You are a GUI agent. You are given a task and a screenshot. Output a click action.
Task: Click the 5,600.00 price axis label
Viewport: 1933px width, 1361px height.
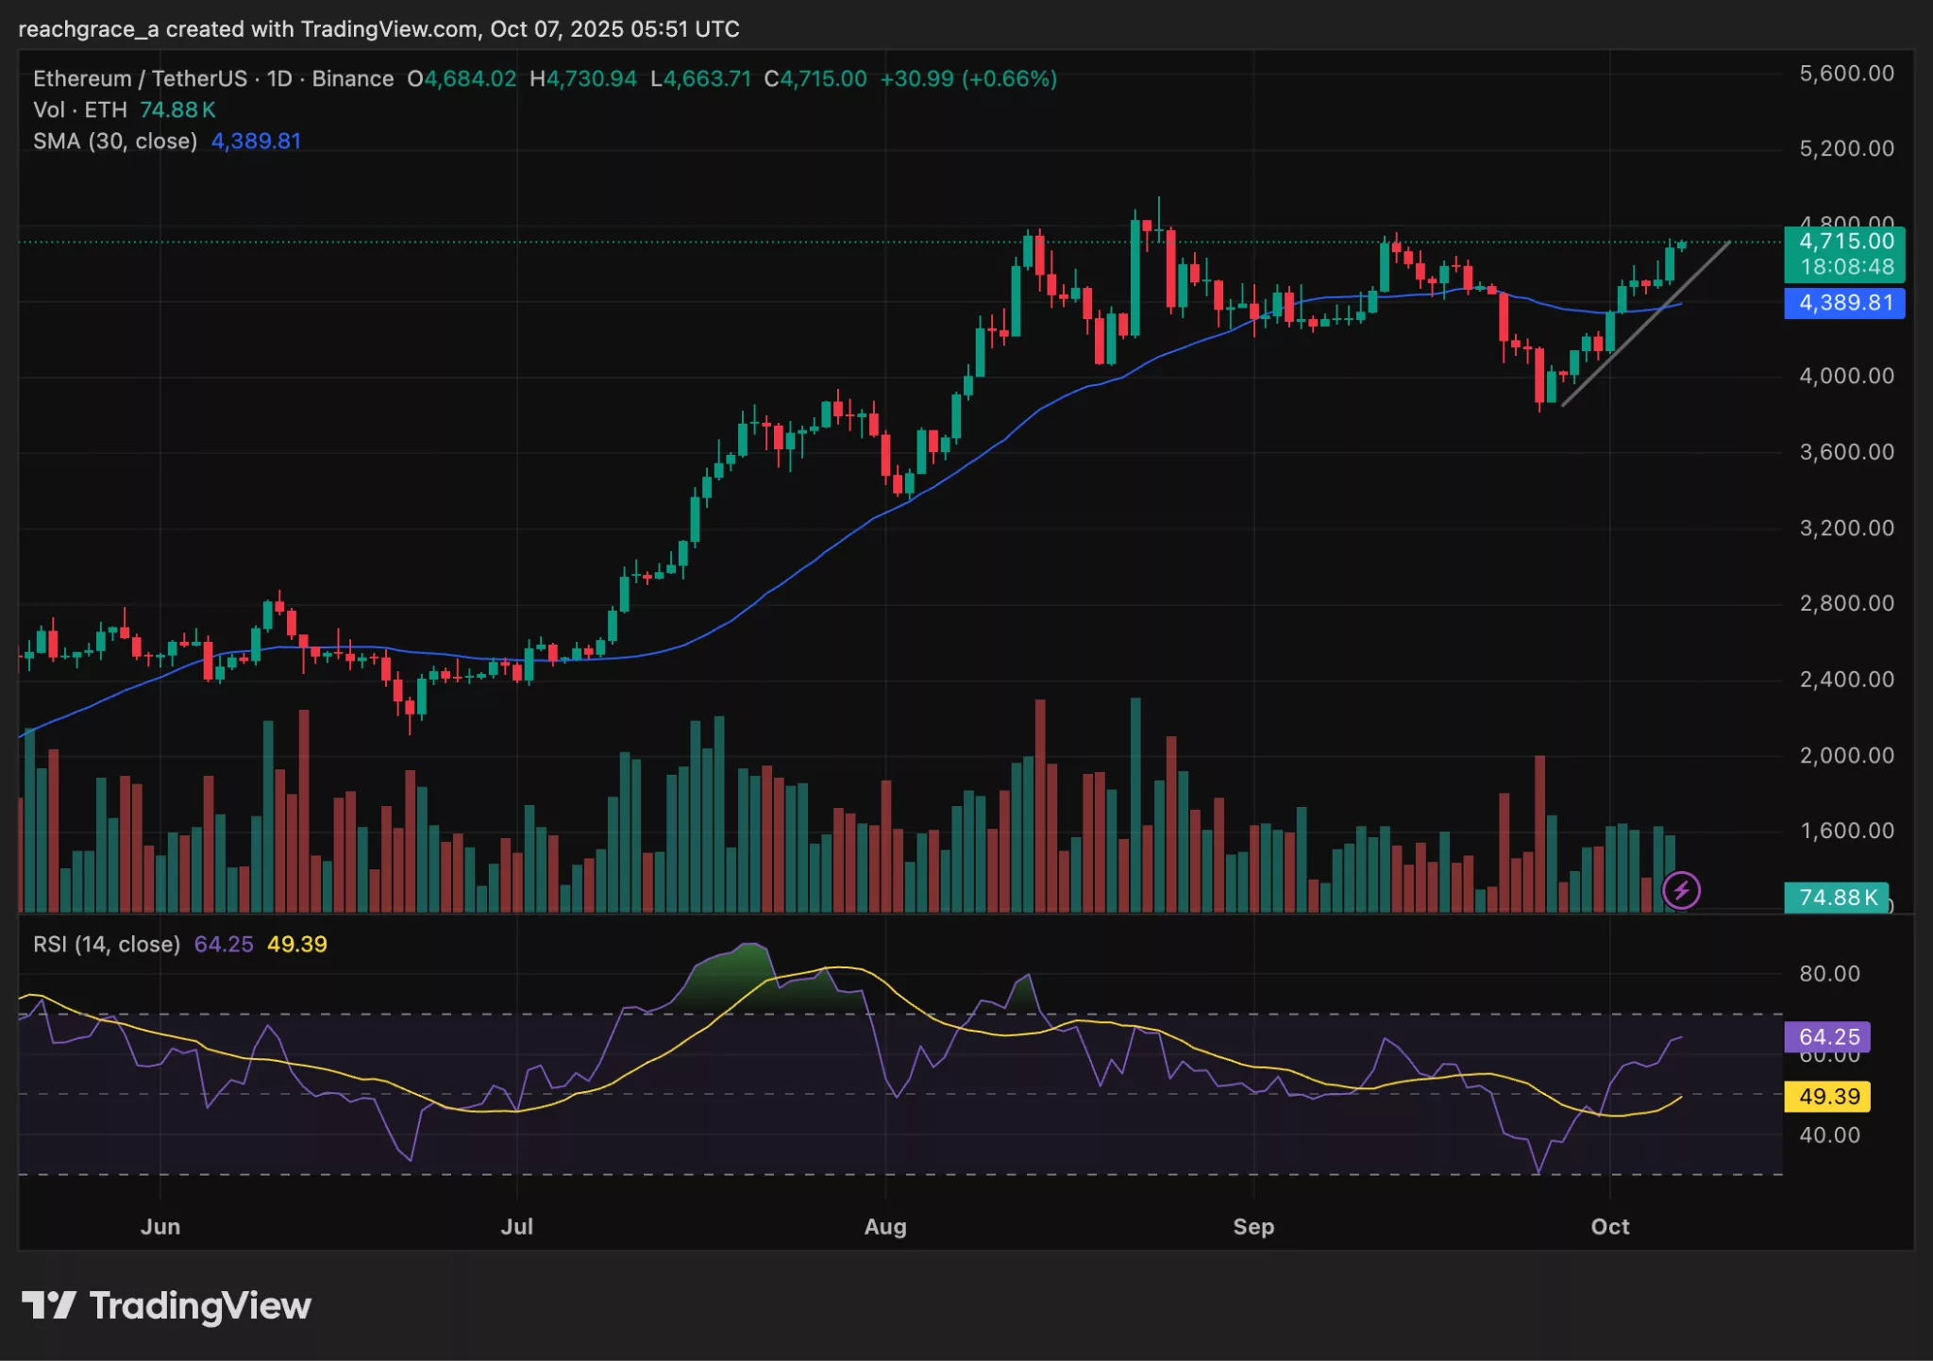(1845, 74)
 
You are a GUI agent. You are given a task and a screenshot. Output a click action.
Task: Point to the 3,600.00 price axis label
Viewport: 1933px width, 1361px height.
(1845, 452)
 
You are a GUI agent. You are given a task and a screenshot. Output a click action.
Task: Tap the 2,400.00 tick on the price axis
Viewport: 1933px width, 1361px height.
(1845, 680)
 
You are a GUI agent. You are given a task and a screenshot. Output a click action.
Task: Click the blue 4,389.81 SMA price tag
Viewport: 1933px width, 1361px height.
(1844, 303)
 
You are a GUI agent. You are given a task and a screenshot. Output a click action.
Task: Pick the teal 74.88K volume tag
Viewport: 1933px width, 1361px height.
(1836, 897)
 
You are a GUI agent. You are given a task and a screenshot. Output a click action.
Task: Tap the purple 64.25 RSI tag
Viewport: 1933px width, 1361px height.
(1827, 1037)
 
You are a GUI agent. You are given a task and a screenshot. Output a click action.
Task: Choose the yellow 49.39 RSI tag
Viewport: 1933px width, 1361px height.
(1827, 1097)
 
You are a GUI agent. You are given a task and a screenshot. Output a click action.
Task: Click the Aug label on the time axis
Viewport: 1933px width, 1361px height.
(885, 1227)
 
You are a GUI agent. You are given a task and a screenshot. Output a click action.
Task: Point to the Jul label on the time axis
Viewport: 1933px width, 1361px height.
(517, 1227)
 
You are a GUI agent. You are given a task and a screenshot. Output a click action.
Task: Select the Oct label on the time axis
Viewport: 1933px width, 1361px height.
(1609, 1227)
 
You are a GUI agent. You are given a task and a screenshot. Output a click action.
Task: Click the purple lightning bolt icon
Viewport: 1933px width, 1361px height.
(1681, 890)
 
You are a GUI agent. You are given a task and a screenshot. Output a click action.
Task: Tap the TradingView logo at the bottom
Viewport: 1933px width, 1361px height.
(166, 1306)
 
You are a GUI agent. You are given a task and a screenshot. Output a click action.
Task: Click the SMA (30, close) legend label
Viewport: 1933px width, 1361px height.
(115, 142)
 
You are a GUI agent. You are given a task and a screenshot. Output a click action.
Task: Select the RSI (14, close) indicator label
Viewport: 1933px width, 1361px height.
(107, 945)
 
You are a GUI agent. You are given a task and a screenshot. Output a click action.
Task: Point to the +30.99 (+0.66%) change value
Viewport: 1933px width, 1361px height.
(967, 79)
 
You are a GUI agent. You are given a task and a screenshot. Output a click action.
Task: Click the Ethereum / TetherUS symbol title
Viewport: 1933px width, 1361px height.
(140, 79)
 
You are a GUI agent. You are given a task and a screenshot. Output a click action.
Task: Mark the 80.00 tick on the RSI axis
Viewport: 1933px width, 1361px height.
(1829, 974)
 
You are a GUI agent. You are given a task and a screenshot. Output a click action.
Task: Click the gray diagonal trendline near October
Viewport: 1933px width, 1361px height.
(1647, 324)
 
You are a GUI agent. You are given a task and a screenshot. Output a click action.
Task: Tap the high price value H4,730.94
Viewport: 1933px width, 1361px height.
(583, 79)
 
